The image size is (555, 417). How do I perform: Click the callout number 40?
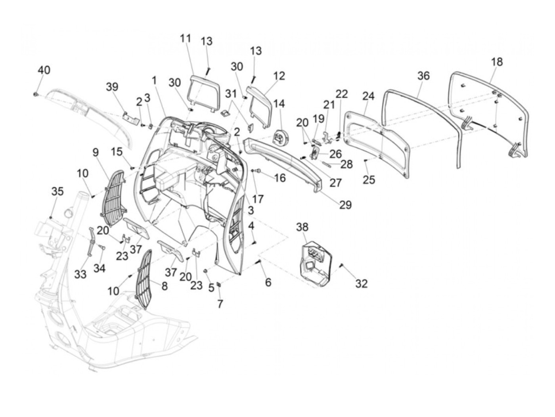[44, 70]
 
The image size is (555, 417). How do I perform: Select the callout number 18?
[496, 62]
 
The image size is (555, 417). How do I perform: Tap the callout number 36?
[423, 76]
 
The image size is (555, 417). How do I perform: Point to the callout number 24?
[368, 96]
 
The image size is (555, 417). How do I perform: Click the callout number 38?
[302, 227]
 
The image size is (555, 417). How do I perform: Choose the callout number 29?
[345, 205]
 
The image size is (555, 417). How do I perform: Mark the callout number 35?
[57, 191]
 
